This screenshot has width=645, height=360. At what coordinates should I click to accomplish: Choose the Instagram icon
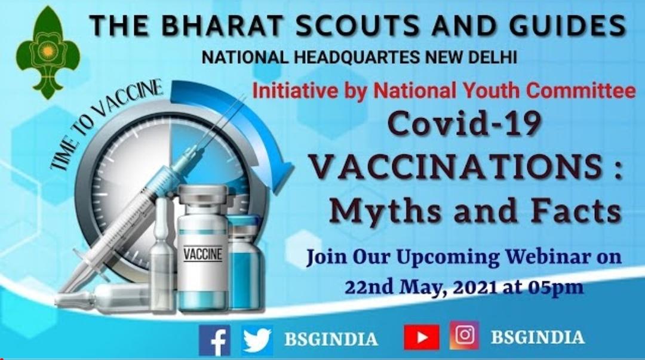(464, 337)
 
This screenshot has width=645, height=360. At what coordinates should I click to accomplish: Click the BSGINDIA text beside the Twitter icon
(331, 339)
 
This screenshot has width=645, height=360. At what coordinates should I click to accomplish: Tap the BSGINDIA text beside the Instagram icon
(537, 337)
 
